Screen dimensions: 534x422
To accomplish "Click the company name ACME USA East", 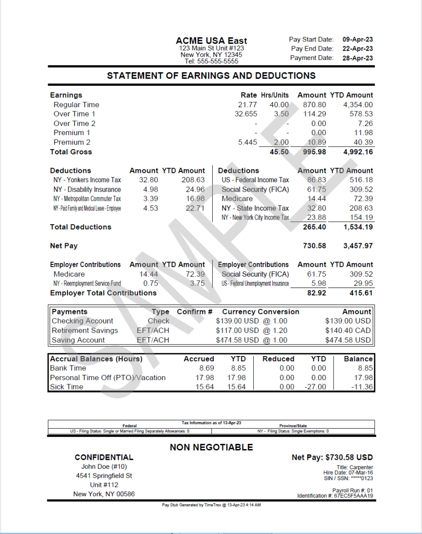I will [x=211, y=41].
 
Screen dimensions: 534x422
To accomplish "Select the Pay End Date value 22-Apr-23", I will [x=357, y=49].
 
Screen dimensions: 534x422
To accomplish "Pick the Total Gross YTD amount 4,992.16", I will [x=358, y=152].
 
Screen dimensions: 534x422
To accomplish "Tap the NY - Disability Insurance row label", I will [x=87, y=189].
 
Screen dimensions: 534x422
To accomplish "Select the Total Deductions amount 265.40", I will [x=314, y=227].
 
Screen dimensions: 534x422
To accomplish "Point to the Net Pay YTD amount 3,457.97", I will [x=358, y=246].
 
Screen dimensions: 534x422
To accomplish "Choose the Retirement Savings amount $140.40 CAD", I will [x=348, y=331].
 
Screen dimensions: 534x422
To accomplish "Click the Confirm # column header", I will [x=195, y=312].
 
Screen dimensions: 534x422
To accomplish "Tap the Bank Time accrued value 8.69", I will [x=207, y=368].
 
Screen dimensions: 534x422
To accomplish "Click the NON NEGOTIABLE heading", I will [x=211, y=447].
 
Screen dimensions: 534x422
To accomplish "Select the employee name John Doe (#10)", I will [x=104, y=466].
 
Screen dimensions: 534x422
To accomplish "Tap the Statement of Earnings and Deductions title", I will [x=211, y=76].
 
